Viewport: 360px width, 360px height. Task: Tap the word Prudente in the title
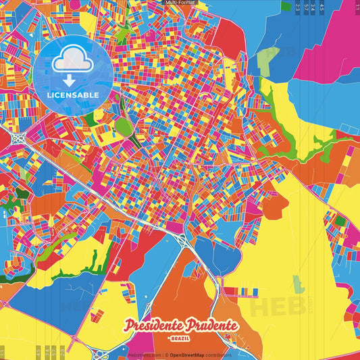209,326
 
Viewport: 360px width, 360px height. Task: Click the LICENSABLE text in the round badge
73,94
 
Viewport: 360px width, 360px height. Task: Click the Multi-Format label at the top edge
180,3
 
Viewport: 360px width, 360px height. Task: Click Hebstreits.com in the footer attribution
144,355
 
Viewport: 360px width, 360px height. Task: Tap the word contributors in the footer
219,355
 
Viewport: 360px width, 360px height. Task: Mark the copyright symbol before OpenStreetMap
166,355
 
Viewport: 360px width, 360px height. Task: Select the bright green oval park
122,127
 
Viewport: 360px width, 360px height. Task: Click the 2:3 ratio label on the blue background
297,7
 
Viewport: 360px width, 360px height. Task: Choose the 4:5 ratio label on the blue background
322,7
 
